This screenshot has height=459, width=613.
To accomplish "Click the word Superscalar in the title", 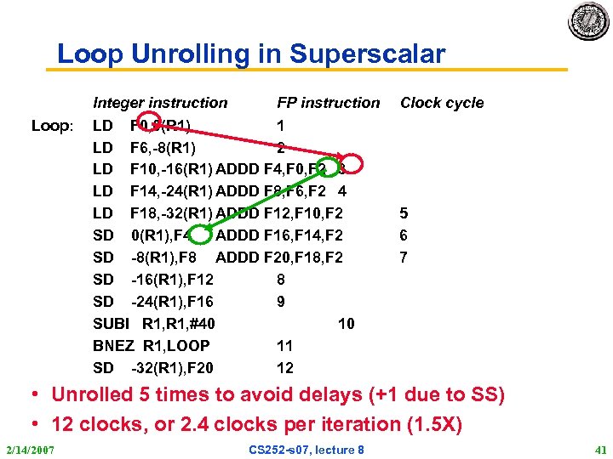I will click(367, 54).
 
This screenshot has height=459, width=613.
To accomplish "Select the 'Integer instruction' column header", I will click(160, 103).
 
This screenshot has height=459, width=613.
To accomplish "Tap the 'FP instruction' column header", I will click(328, 103).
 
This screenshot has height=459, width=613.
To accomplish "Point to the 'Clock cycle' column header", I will click(442, 103).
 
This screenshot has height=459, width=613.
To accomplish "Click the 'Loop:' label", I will click(53, 126).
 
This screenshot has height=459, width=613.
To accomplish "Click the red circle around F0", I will click(148, 124).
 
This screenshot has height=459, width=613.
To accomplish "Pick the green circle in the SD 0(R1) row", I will click(199, 235).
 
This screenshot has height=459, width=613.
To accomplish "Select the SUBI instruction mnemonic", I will click(111, 324).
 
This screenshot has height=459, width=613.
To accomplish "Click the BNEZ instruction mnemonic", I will click(112, 346).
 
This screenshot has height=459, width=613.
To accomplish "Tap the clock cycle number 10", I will click(347, 324).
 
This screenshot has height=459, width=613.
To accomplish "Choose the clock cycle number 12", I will click(285, 368).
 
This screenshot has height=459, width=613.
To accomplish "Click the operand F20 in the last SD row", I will click(201, 368).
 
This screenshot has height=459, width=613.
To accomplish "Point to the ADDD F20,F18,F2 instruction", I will click(279, 257).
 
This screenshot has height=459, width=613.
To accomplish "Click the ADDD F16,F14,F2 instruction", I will click(279, 235).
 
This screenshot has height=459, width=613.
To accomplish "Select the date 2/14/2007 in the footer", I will click(31, 448).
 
